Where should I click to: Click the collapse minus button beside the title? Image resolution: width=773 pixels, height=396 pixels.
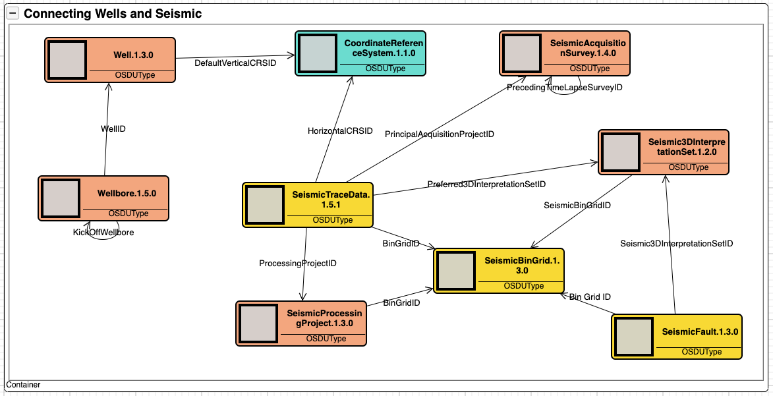click(13, 13)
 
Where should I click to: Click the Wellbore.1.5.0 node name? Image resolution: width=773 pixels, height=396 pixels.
click(127, 194)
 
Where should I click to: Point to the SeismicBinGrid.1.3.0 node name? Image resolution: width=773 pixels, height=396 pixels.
click(522, 266)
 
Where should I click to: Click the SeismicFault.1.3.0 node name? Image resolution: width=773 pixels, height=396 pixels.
click(700, 332)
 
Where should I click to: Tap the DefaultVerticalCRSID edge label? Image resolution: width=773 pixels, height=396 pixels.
click(235, 63)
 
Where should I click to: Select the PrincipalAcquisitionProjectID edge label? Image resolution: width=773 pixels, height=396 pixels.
click(440, 134)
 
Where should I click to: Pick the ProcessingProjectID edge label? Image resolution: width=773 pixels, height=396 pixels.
click(298, 263)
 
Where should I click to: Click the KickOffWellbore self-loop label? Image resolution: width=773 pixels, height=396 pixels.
click(103, 232)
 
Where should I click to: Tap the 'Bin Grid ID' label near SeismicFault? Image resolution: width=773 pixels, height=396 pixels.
click(590, 297)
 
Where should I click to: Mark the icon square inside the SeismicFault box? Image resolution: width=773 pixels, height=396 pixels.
click(634, 337)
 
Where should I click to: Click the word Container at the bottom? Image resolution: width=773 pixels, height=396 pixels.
click(23, 385)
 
